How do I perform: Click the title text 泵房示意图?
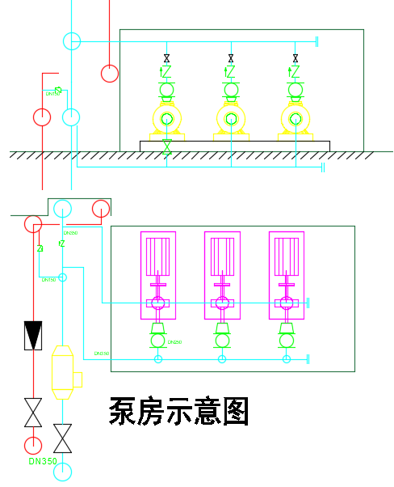[x=178, y=412]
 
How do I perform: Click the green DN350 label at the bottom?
[x=43, y=462]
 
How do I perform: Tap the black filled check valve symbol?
[x=33, y=335]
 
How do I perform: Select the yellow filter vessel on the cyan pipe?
[x=63, y=372]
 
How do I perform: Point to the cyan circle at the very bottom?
[x=62, y=472]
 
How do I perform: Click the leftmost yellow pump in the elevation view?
[x=166, y=119]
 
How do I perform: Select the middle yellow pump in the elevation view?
[x=231, y=119]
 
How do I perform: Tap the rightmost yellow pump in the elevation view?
[x=295, y=119]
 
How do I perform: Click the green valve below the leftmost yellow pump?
[x=166, y=146]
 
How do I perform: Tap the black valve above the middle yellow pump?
[x=231, y=58]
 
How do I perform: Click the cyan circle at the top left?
[x=72, y=41]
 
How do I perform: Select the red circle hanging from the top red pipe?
[x=110, y=74]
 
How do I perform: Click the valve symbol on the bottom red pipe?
[x=33, y=413]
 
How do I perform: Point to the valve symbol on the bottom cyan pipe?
[x=62, y=438]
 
